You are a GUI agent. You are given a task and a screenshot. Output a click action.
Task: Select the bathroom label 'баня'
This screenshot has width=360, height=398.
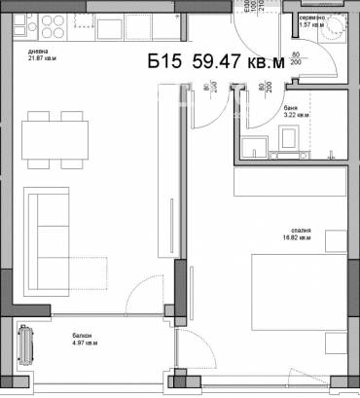point(291,108)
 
